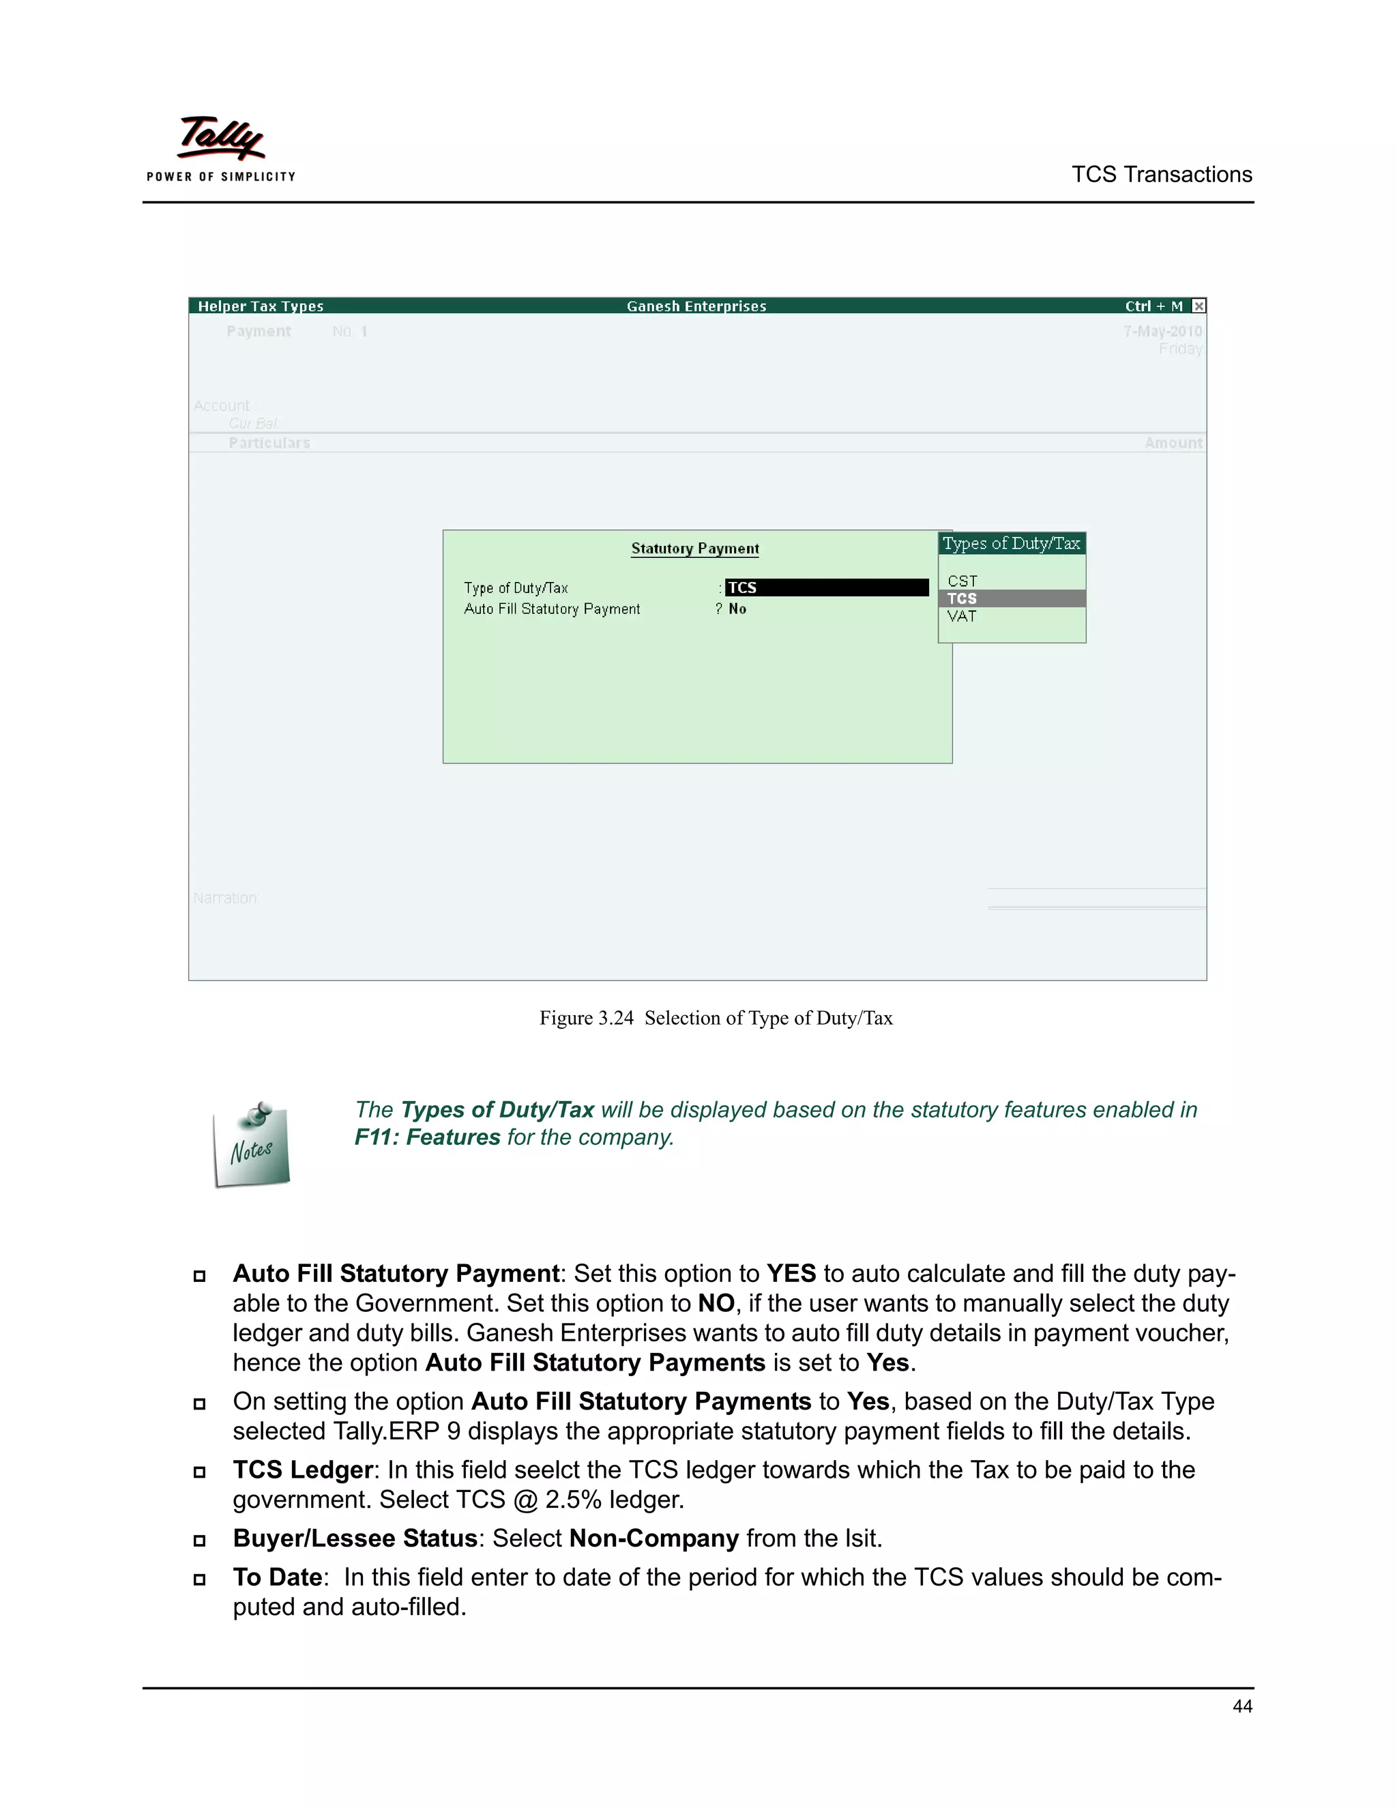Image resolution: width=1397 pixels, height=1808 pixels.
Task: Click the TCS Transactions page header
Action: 1161,175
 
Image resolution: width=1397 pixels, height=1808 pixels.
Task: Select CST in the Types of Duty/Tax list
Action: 962,581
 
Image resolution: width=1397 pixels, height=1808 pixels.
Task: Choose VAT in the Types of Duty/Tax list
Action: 962,617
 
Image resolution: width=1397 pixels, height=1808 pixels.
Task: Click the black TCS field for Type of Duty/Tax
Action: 826,587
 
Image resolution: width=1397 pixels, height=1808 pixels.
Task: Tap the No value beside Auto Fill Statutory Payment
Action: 737,609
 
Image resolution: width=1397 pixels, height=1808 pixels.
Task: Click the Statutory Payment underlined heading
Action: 694,549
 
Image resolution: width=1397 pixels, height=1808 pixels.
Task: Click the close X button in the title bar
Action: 1199,306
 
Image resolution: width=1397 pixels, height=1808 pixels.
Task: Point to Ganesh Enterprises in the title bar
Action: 696,306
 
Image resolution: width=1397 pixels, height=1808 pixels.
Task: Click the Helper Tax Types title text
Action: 260,306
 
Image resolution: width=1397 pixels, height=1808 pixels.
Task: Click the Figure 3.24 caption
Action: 716,1018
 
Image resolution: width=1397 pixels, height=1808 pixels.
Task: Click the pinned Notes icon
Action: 252,1146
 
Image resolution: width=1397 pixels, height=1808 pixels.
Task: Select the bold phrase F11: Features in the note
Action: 427,1137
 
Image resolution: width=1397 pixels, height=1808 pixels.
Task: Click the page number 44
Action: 1241,1706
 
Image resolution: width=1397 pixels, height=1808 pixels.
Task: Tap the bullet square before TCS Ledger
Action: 199,1472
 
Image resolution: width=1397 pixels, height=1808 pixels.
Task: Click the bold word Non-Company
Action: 653,1538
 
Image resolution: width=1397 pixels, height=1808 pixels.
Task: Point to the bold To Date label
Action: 277,1577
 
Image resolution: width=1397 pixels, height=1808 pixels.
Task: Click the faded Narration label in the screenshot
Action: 226,899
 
